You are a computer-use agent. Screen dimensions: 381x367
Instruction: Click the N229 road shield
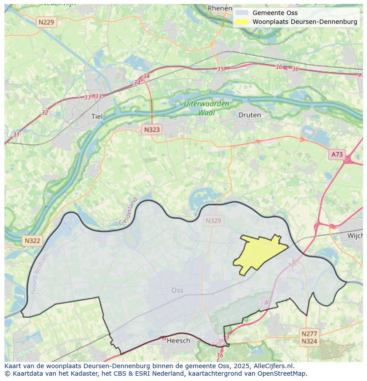(47, 22)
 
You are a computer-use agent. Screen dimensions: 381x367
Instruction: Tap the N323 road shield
(152, 130)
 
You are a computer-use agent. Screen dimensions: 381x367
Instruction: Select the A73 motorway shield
(337, 154)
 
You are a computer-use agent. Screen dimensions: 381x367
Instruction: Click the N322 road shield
(32, 241)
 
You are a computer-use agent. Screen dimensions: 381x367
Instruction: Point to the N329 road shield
(213, 220)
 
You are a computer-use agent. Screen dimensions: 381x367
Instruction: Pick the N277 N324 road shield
(309, 338)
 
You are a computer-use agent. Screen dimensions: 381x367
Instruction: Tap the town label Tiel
(97, 117)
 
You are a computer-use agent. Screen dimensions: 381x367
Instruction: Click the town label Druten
(250, 115)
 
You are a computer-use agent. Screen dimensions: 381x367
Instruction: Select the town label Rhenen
(220, 8)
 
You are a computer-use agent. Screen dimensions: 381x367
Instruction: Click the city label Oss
(177, 290)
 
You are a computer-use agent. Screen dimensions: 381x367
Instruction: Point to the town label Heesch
(178, 340)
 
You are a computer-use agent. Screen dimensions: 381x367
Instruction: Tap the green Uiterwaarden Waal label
(207, 108)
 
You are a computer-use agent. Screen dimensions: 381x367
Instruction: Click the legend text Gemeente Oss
(275, 13)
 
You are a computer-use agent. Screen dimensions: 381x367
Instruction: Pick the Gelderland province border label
(129, 211)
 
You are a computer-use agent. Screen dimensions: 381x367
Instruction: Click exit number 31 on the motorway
(16, 135)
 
